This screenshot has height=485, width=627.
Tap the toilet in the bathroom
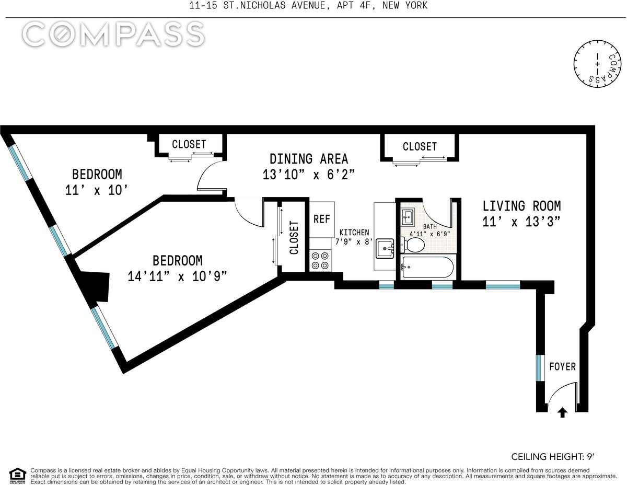(x=412, y=245)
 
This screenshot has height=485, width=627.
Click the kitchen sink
(x=385, y=248)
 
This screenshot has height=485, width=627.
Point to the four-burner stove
(x=320, y=260)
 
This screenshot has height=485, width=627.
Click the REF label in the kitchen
(x=321, y=219)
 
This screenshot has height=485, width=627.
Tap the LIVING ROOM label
(x=521, y=206)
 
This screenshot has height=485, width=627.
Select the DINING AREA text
(x=309, y=159)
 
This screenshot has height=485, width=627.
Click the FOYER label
(x=562, y=366)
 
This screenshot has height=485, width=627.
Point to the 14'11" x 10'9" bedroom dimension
(x=177, y=276)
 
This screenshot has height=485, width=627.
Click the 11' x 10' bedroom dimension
(x=96, y=190)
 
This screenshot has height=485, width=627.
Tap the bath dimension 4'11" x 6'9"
(x=429, y=234)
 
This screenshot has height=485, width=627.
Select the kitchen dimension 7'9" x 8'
(x=354, y=241)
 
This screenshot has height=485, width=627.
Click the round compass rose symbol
(x=597, y=63)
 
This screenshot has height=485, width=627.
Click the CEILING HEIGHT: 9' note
(x=553, y=456)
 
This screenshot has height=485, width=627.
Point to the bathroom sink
(x=408, y=216)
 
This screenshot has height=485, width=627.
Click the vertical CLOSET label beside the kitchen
(x=294, y=237)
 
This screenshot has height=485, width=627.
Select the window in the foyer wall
(x=539, y=372)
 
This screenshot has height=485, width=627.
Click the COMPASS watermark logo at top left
(x=113, y=34)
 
